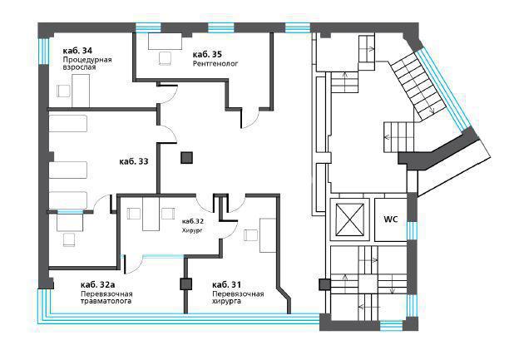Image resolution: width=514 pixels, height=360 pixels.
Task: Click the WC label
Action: (x=391, y=219)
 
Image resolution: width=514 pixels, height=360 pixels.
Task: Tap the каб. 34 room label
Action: (x=77, y=51)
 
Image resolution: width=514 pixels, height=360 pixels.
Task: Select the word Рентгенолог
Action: (x=215, y=63)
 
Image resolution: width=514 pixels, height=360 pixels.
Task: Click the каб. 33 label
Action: (x=133, y=161)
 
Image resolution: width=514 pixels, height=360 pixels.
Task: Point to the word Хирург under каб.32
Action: (x=192, y=230)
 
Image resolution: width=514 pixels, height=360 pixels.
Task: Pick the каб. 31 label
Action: (x=226, y=284)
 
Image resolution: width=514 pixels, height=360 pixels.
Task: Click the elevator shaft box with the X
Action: (x=350, y=219)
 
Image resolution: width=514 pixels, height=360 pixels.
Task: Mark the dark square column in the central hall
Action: (x=186, y=158)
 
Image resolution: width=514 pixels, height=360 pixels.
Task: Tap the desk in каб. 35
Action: (x=165, y=41)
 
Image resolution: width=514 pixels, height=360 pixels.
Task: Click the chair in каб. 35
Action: (x=165, y=58)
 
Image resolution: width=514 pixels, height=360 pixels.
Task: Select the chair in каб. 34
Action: (x=63, y=91)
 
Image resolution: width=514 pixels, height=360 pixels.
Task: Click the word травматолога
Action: (x=106, y=301)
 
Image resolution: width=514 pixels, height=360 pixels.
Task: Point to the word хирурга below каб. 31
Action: (x=226, y=301)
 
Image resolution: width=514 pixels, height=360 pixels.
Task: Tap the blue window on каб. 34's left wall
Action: (x=44, y=52)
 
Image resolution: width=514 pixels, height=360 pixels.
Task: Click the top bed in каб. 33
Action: (x=68, y=123)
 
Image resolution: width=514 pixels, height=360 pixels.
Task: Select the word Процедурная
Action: (x=87, y=60)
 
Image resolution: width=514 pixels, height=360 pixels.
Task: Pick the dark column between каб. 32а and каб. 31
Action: (x=185, y=284)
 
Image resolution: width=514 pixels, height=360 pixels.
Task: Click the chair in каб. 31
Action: (x=250, y=235)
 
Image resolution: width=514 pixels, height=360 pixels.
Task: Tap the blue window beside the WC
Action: (x=412, y=229)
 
